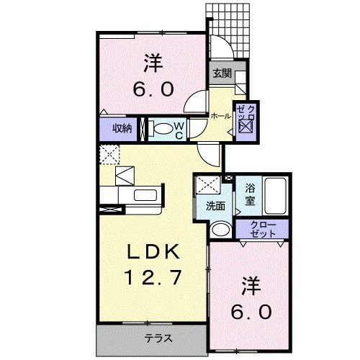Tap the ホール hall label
[x=220, y=115]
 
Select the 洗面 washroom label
[x=215, y=206]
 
